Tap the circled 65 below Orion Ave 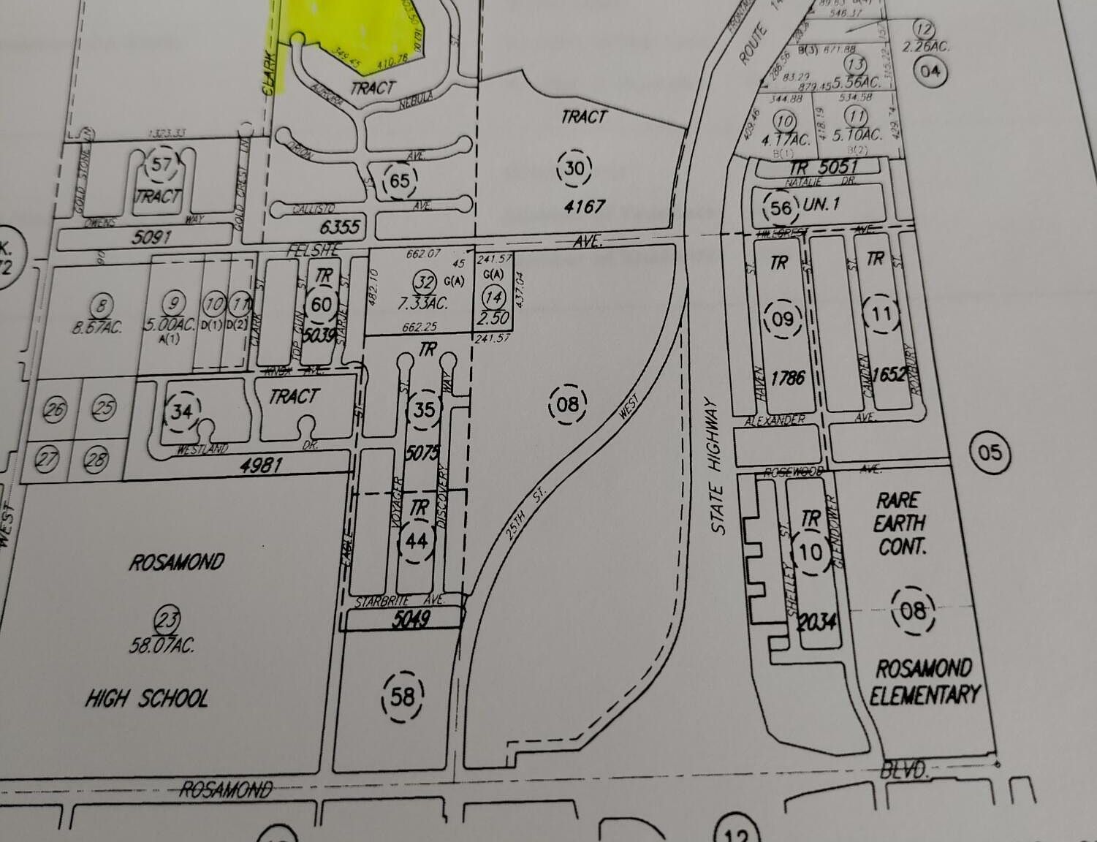point(400,180)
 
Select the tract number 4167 point(585,206)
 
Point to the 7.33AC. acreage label point(423,303)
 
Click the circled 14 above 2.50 point(495,297)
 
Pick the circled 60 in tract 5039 point(322,305)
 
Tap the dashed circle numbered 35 point(424,409)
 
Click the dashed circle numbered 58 point(402,697)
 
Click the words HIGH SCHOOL point(146,699)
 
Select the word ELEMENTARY point(925,694)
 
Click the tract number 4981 point(261,464)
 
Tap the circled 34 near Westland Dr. point(181,412)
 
